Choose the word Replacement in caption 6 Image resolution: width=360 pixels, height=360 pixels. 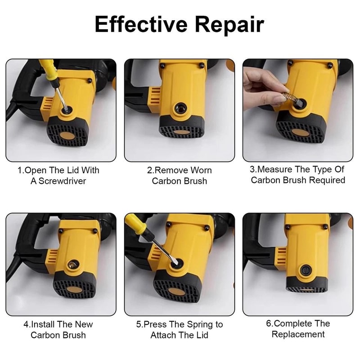298,334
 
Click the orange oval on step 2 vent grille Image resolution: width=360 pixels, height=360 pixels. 182,132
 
